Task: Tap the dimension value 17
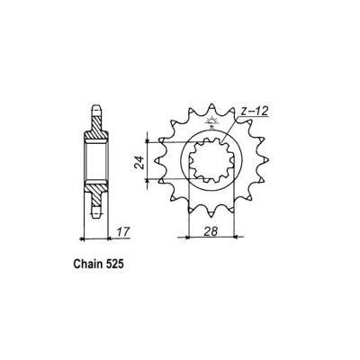121,232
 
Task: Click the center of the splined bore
213,163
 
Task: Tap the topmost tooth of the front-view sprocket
213,105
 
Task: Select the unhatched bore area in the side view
97,162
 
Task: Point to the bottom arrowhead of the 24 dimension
148,183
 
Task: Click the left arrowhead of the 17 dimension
85,239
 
